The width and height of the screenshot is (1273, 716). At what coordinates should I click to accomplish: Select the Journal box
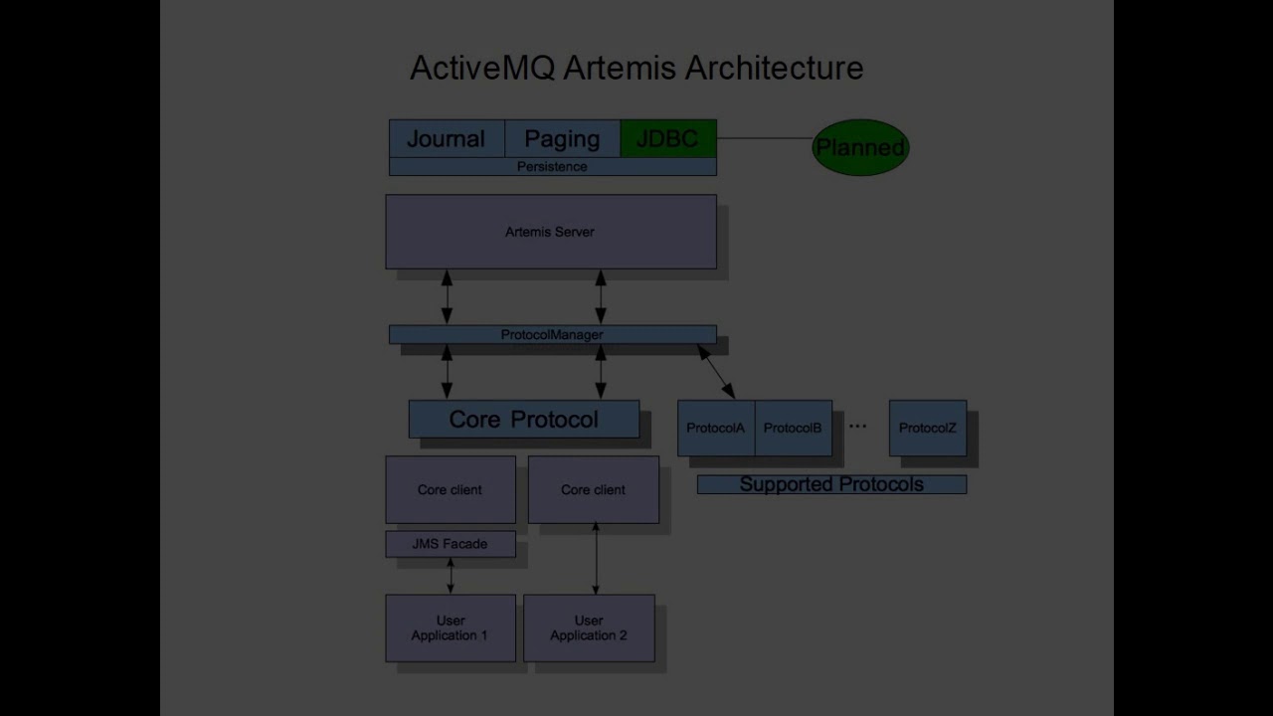[x=446, y=139]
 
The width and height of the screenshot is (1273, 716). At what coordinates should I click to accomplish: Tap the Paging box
[x=562, y=139]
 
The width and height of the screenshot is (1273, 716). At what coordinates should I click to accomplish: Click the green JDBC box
[x=667, y=139]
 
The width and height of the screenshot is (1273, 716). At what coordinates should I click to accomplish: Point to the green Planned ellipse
[x=860, y=148]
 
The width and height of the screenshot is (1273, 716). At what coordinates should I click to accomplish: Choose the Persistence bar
[x=552, y=167]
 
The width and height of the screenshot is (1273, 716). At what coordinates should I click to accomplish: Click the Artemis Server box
[x=550, y=232]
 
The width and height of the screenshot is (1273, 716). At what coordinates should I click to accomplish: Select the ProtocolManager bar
[x=552, y=335]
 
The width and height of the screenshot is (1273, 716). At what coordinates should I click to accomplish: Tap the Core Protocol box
[x=523, y=420]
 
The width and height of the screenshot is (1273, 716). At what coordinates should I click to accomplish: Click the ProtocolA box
[x=715, y=429]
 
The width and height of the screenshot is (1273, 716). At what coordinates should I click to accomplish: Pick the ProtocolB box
[x=793, y=429]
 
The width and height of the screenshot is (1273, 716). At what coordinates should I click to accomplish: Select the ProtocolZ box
[x=927, y=429]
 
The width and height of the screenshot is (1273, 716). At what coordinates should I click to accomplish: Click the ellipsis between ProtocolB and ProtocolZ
[x=857, y=427]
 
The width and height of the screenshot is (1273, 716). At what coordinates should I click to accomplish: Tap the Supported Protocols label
[x=831, y=485]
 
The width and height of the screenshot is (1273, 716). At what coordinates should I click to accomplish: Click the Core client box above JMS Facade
[x=450, y=490]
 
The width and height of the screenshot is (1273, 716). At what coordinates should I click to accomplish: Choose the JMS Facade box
[x=450, y=544]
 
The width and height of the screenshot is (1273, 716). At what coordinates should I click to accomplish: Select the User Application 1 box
[x=450, y=628]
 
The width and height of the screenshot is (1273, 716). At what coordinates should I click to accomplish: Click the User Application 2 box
[x=589, y=628]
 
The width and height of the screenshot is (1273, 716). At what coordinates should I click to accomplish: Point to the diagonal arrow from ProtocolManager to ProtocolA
[x=716, y=372]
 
